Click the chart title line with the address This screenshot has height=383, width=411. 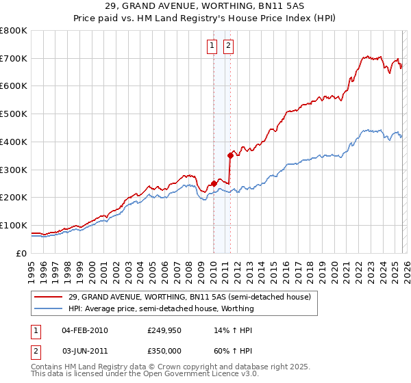205,5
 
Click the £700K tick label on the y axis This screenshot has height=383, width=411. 14,58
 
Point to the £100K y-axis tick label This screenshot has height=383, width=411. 14,225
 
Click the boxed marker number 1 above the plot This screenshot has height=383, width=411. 211,47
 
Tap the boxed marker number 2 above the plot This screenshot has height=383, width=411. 228,47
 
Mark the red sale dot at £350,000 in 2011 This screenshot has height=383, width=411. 230,155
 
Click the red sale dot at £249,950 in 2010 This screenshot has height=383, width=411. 214,183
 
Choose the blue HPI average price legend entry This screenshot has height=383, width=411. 161,308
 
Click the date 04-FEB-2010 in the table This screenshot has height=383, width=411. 84,330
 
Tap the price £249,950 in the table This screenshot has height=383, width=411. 163,330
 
